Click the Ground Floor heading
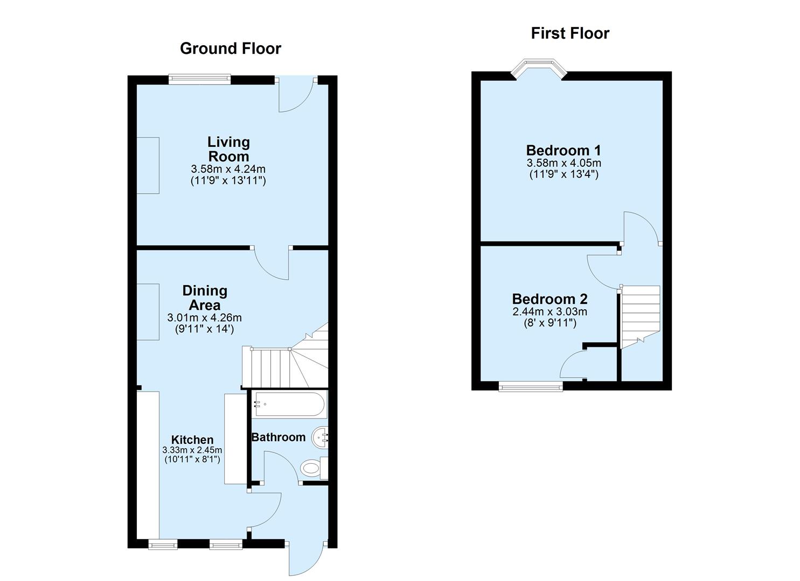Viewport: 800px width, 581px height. point(230,48)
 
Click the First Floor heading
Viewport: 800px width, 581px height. point(570,33)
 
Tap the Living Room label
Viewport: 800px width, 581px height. point(228,149)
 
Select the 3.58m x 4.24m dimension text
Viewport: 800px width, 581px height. point(228,169)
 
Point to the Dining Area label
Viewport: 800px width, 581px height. point(205,297)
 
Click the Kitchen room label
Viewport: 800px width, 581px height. point(192,440)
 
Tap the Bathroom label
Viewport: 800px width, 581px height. point(279,437)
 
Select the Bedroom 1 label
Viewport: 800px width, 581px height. point(564,150)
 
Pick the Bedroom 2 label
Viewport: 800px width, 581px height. point(549,299)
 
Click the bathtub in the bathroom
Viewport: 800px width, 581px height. point(290,405)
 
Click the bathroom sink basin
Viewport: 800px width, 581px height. point(322,437)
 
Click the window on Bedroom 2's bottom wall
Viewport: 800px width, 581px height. point(531,386)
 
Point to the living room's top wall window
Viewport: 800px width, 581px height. point(199,80)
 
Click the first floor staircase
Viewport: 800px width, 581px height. point(641,315)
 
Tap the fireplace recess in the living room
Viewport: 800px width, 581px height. point(148,165)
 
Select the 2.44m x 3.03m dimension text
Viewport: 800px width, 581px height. point(549,311)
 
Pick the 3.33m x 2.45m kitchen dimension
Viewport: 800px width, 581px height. point(192,450)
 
